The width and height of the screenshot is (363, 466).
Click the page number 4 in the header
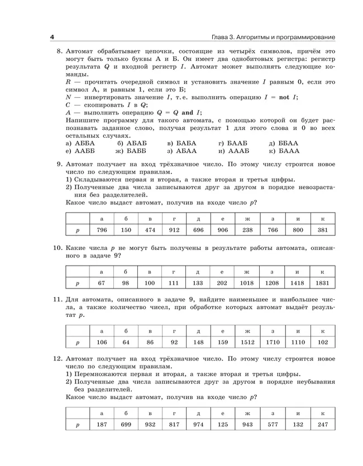click(51, 37)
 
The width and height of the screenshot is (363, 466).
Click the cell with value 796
click(102, 230)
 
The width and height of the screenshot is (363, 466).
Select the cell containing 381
click(322, 230)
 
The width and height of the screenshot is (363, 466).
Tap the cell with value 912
click(174, 230)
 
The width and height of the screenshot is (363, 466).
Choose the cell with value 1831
click(322, 284)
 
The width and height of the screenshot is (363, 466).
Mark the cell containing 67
click(102, 284)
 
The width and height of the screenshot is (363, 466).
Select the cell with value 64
click(126, 342)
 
